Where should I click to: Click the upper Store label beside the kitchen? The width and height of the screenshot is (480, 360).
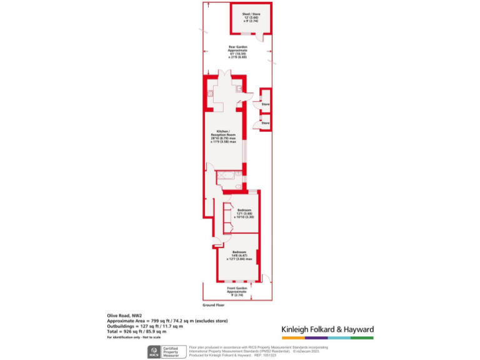[266, 103]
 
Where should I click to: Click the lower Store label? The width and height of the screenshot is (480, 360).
[266, 123]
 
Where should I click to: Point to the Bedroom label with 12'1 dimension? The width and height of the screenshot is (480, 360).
[244, 213]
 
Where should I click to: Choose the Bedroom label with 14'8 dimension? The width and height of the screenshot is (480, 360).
[239, 255]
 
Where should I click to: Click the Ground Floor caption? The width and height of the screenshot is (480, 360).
[212, 305]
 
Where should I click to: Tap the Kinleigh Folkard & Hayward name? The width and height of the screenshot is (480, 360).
[327, 329]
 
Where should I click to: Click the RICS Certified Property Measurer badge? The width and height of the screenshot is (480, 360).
[164, 351]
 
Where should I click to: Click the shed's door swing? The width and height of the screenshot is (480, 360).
[267, 37]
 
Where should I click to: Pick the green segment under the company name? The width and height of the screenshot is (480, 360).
[362, 337]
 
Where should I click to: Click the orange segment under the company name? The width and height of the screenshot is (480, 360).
[292, 337]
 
